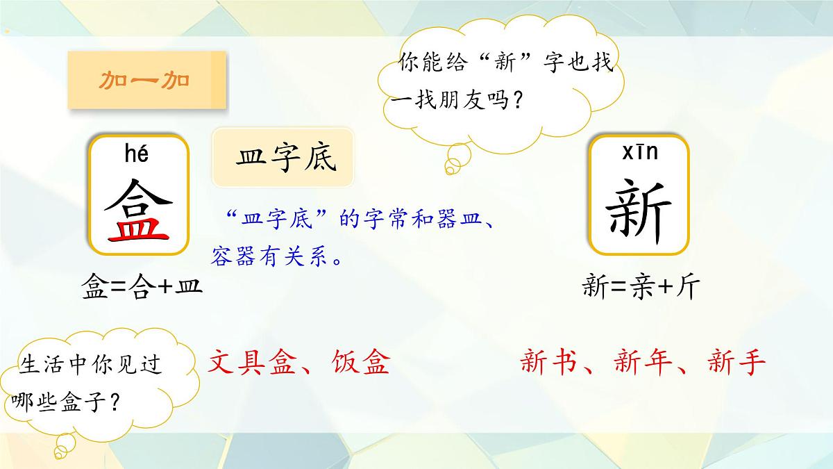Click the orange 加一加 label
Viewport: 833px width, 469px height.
[144, 81]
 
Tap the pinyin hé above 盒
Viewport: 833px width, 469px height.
[137, 154]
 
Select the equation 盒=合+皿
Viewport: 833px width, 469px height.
[142, 286]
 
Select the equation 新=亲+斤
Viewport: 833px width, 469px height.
[639, 286]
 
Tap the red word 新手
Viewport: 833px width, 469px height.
[736, 362]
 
